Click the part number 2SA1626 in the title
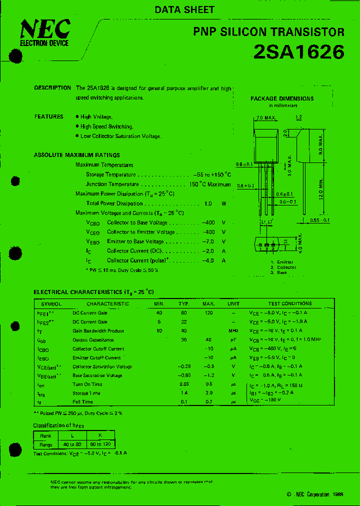coord(299,52)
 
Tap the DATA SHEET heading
coord(184,9)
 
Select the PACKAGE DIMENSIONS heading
coord(282,98)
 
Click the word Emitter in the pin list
coord(285,262)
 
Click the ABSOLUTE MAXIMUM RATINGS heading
coord(76,155)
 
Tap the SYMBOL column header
coord(51,303)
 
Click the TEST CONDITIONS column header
coord(289,303)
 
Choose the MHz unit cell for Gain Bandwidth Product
coord(233,330)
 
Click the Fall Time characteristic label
coord(82,402)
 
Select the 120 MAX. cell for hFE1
coord(208,312)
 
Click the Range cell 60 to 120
coord(99,444)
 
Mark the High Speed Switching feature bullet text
coord(106,126)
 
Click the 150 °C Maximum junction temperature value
coord(209,184)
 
